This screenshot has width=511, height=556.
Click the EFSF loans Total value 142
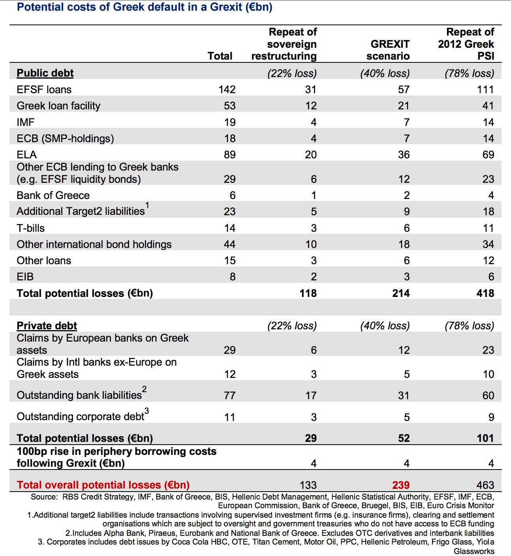click(227, 90)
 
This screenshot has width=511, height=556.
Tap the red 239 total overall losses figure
click(401, 485)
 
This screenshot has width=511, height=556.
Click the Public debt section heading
click(45, 73)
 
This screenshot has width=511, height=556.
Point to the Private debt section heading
click(47, 326)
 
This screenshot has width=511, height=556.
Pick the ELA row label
click(26, 155)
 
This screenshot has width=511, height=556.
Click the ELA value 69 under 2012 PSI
click(488, 155)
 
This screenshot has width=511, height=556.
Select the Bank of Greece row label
click(53, 195)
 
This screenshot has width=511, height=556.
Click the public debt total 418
click(485, 293)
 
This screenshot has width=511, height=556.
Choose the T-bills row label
click(31, 228)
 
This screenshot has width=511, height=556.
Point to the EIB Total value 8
click(233, 277)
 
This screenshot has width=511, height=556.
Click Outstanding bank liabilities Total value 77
click(229, 395)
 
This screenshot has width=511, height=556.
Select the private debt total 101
click(485, 438)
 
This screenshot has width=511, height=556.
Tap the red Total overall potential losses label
click(103, 485)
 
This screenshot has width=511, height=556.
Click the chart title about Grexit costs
click(145, 7)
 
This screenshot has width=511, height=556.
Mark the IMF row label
click(26, 122)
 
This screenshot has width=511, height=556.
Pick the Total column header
click(220, 56)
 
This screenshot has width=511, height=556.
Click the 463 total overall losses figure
click(485, 485)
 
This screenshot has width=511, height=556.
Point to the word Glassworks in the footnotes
click(474, 551)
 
